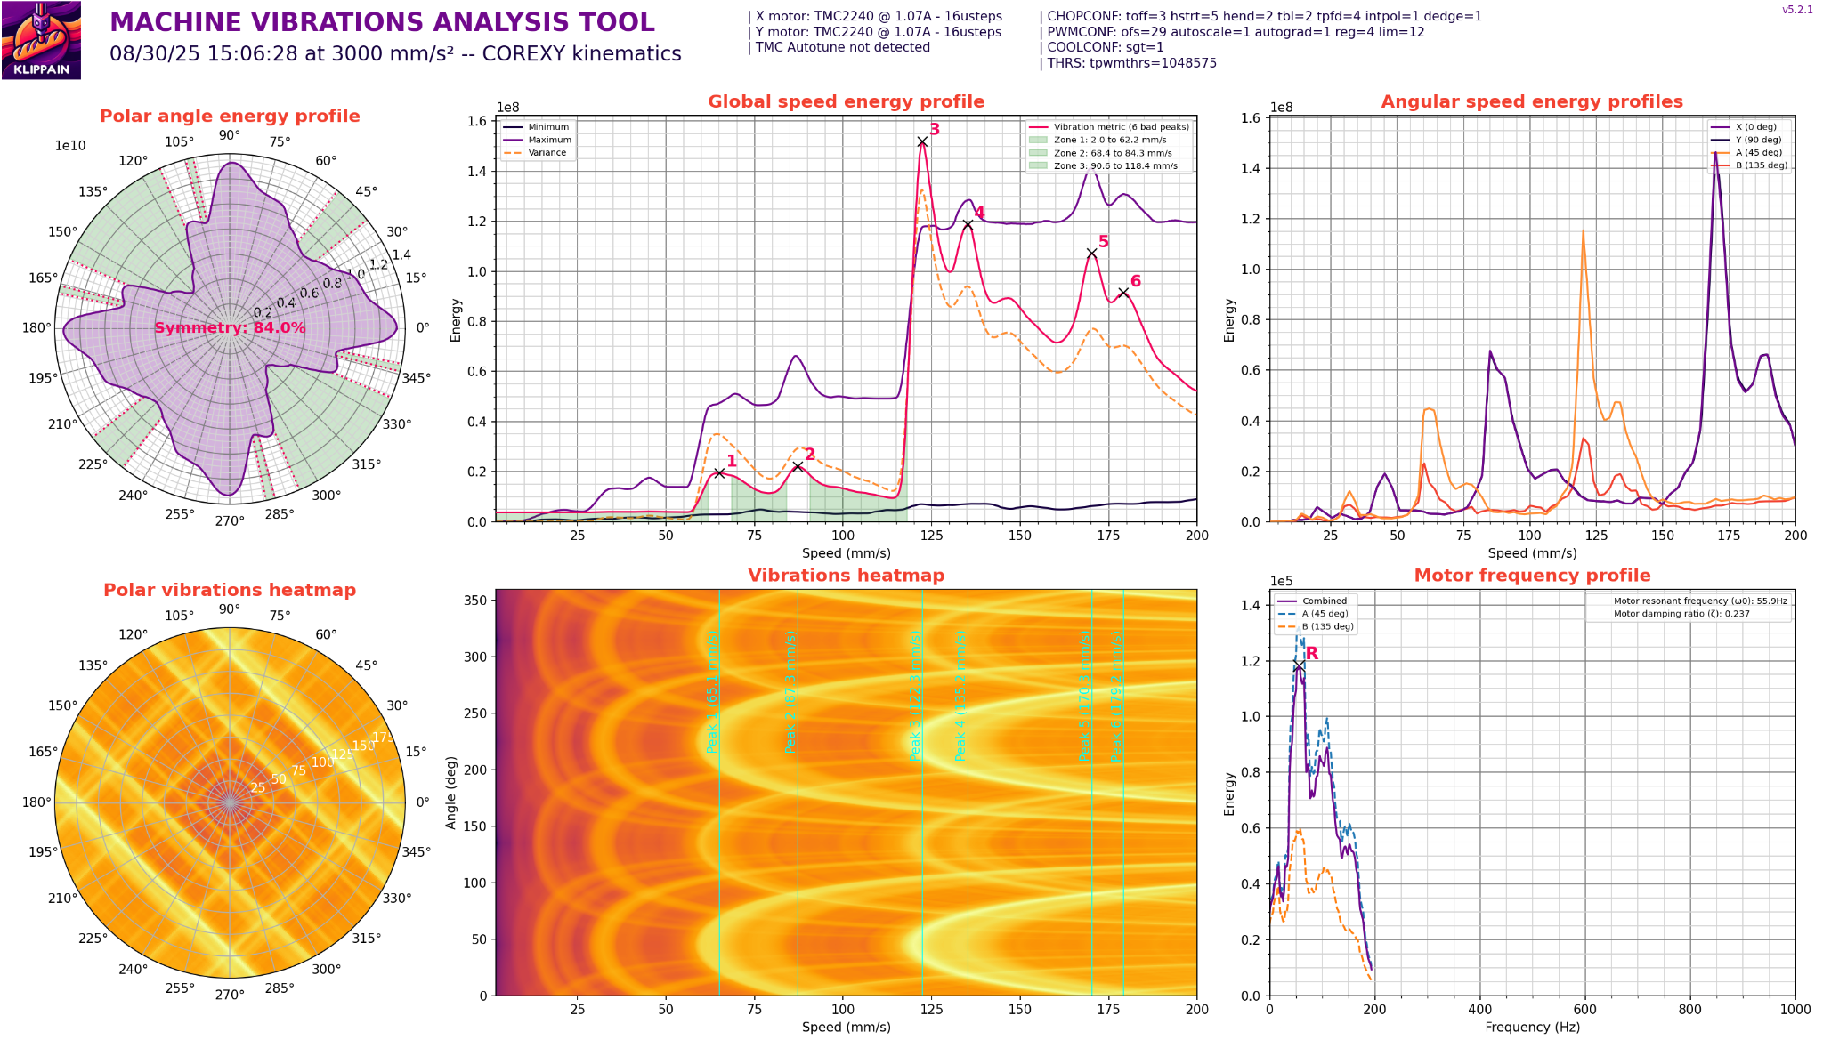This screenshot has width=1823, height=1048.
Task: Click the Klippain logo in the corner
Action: click(41, 40)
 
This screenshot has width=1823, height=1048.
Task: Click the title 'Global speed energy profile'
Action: click(846, 101)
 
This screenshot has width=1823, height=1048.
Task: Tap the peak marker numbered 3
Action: click(922, 141)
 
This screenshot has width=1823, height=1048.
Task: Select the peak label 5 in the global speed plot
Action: click(1104, 242)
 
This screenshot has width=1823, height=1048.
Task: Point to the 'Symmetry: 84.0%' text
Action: click(230, 327)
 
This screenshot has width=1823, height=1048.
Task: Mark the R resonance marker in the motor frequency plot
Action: click(1300, 665)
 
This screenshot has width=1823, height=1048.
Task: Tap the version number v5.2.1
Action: click(1797, 10)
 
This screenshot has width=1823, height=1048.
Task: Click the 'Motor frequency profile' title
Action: click(1532, 576)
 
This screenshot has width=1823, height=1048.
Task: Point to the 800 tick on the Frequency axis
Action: click(1689, 1010)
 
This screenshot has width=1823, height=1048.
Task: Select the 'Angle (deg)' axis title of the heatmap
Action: click(451, 793)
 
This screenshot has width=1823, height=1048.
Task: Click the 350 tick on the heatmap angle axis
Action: click(477, 601)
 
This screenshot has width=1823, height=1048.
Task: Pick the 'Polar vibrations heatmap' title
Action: click(230, 590)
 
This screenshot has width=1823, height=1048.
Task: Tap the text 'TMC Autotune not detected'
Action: click(842, 47)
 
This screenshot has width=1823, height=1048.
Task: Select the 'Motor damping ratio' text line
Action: click(1674, 614)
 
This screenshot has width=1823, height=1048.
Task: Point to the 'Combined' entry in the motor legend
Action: click(1324, 601)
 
